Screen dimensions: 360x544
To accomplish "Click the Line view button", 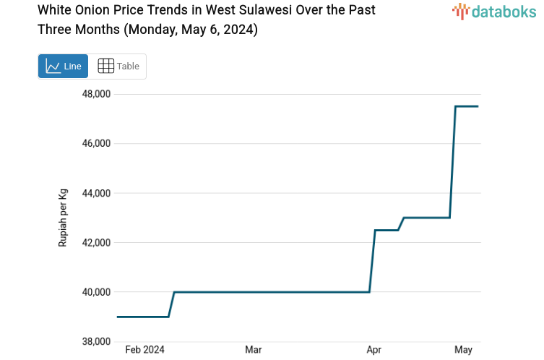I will [x=63, y=67].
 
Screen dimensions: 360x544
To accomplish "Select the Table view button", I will [x=118, y=67].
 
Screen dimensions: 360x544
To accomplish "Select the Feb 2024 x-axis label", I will [x=144, y=350].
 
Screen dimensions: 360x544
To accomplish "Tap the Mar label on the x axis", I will [x=253, y=350].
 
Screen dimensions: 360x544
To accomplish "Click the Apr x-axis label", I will [x=374, y=350].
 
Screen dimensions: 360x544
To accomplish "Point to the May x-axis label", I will [x=463, y=350].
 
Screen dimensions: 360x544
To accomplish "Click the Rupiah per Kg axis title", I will [x=63, y=218].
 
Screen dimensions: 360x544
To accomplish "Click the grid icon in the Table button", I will [x=105, y=67].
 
